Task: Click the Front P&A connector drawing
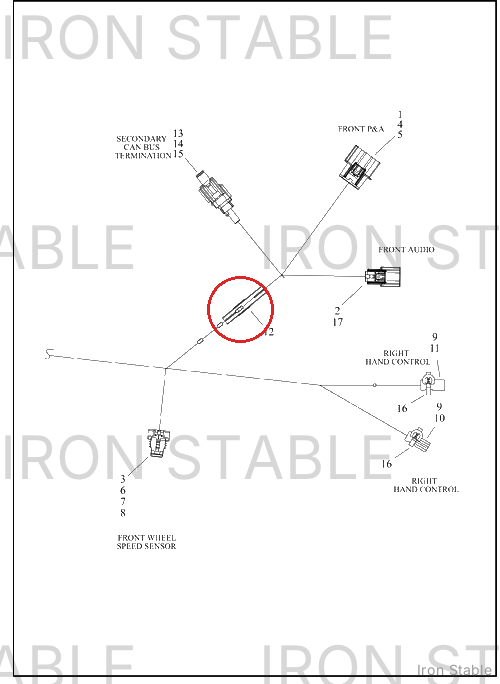pos(360,168)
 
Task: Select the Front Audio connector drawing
pos(383,277)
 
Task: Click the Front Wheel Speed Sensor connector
pos(158,443)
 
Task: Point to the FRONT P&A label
pos(361,129)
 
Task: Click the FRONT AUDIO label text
pos(406,250)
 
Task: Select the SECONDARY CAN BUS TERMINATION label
pos(143,147)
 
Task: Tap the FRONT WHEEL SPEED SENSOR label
pos(147,542)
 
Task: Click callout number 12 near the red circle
pos(269,332)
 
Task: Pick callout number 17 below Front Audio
pos(338,322)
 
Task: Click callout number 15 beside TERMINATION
pos(178,154)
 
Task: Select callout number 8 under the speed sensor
pos(123,513)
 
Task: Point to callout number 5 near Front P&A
pos(400,135)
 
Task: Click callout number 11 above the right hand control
pos(435,349)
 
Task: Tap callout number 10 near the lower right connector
pos(439,418)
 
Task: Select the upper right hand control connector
pos(432,383)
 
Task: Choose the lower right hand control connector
pos(418,439)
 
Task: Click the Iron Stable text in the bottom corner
pos(454,670)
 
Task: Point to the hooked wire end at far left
pos(49,354)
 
